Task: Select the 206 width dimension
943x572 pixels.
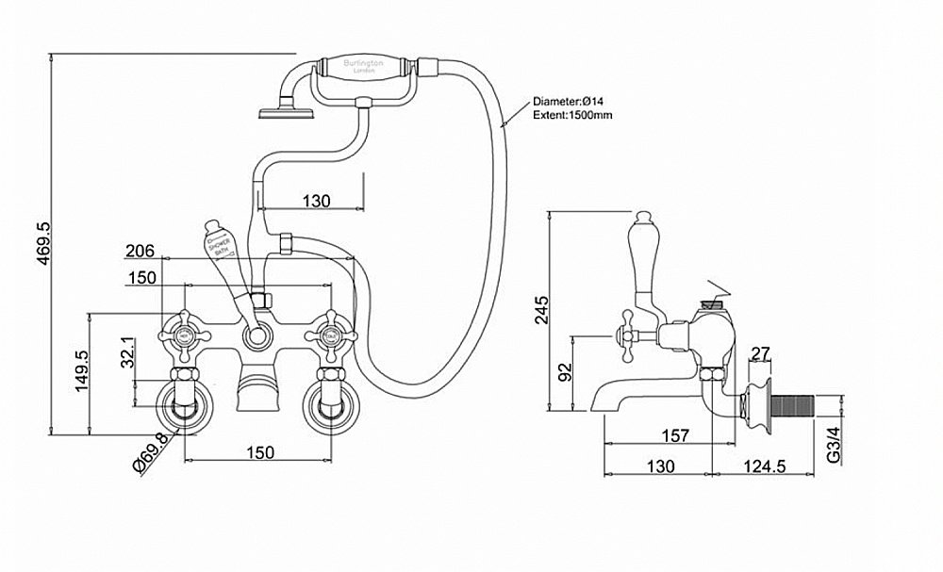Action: click(x=141, y=252)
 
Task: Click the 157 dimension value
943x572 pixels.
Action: click(x=674, y=435)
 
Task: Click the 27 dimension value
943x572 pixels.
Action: click(x=761, y=353)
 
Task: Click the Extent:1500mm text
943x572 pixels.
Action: click(x=572, y=115)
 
